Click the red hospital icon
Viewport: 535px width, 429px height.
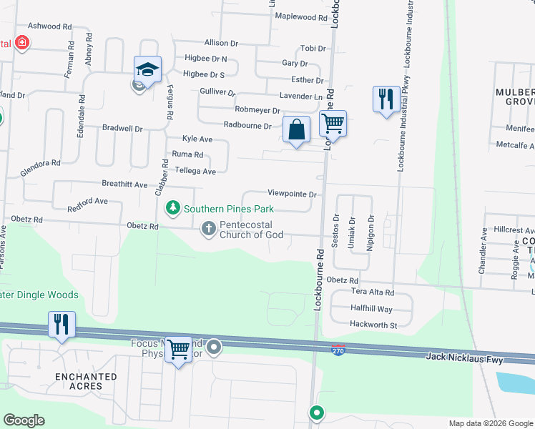click(x=22, y=43)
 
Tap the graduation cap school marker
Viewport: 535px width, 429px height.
click(x=147, y=70)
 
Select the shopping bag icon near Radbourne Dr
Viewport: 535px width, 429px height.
click(x=296, y=130)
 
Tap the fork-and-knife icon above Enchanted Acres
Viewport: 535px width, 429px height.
click(x=62, y=323)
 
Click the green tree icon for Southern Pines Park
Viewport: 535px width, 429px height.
click(x=172, y=209)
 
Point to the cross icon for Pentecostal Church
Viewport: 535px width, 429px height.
click(x=208, y=229)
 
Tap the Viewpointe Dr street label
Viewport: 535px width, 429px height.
click(x=292, y=193)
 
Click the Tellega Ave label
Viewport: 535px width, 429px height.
click(x=195, y=172)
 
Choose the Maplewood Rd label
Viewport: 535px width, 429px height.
click(x=300, y=16)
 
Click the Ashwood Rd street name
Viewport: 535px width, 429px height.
click(x=49, y=26)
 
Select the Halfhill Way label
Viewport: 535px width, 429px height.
click(x=370, y=309)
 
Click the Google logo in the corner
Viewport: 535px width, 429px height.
click(x=24, y=420)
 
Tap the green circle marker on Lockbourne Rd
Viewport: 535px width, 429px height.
click(x=316, y=413)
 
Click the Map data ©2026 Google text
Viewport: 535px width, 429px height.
click(x=491, y=423)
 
